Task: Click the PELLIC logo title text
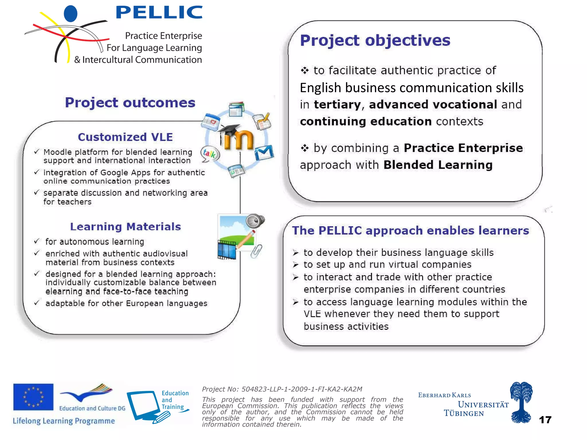point(159,12)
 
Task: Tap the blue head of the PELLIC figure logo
point(71,13)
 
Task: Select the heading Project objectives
point(375,40)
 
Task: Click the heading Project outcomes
point(130,103)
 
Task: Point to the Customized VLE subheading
point(125,137)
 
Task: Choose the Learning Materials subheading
point(126,227)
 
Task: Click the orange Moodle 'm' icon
point(238,140)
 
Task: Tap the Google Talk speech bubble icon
point(210,154)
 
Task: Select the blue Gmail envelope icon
point(264,153)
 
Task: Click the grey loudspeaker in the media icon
point(255,221)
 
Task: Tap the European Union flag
point(33,397)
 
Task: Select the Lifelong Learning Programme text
point(64,421)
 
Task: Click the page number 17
point(545,420)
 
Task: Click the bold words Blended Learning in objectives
point(438,165)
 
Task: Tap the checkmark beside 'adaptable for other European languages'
point(37,303)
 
